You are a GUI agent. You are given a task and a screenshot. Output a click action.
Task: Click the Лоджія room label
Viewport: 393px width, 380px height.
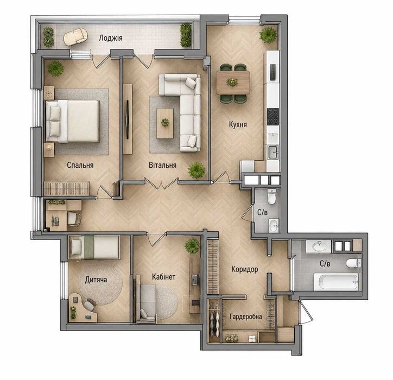pyautogui.click(x=111, y=38)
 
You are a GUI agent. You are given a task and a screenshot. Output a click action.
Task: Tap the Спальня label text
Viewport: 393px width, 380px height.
pyautogui.click(x=80, y=165)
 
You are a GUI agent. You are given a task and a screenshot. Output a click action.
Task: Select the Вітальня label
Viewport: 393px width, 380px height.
pyautogui.click(x=163, y=165)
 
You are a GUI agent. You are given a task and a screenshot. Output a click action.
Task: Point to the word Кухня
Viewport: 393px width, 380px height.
pyautogui.click(x=238, y=124)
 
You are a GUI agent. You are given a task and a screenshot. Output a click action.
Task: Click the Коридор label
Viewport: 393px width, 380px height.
pyautogui.click(x=245, y=269)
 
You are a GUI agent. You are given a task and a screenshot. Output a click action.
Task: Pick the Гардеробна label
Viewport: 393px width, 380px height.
pyautogui.click(x=246, y=317)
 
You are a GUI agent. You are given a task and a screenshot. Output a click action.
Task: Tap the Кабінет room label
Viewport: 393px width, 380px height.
pyautogui.click(x=164, y=277)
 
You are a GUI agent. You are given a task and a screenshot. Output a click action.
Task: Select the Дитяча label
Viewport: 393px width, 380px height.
pyautogui.click(x=96, y=280)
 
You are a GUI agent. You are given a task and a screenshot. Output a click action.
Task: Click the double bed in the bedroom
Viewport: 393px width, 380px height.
pyautogui.click(x=72, y=122)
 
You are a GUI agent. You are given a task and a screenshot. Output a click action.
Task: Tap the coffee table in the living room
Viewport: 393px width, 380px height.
pyautogui.click(x=165, y=123)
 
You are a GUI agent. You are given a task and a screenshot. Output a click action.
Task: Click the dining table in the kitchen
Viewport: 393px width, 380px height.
pyautogui.click(x=233, y=83)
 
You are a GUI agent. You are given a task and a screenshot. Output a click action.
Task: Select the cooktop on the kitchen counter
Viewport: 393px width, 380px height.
pyautogui.click(x=273, y=117)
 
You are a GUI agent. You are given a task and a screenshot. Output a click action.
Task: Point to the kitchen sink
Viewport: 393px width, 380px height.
pyautogui.click(x=273, y=152)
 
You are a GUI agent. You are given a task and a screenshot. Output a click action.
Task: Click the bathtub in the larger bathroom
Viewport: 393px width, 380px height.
pyautogui.click(x=336, y=282)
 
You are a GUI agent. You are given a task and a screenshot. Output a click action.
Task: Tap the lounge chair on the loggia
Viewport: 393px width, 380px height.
pyautogui.click(x=75, y=36)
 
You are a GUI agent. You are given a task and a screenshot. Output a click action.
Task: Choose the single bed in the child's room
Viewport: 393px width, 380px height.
pyautogui.click(x=94, y=247)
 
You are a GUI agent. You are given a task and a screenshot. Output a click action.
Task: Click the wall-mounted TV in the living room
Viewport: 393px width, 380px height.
pyautogui.click(x=128, y=119)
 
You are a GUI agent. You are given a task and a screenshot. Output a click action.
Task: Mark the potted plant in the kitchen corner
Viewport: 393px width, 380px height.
pyautogui.click(x=268, y=35)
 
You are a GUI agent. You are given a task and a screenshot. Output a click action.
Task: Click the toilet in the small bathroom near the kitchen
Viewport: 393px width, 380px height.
pyautogui.click(x=271, y=197)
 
